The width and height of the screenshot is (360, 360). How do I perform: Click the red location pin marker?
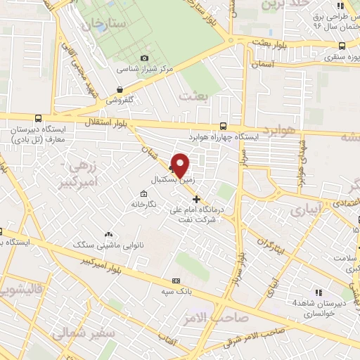pos(181,165)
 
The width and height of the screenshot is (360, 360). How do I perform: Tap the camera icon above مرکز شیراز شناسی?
pos(144,58)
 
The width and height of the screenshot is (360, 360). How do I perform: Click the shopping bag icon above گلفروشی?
pos(120,89)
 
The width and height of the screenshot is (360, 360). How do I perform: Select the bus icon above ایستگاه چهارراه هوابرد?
pos(223,124)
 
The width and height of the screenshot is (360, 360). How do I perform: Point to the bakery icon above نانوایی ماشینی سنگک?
pos(108,233)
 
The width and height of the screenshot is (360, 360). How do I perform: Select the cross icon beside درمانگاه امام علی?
pos(196,198)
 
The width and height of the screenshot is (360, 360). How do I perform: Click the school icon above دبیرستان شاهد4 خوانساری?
pos(319,292)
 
